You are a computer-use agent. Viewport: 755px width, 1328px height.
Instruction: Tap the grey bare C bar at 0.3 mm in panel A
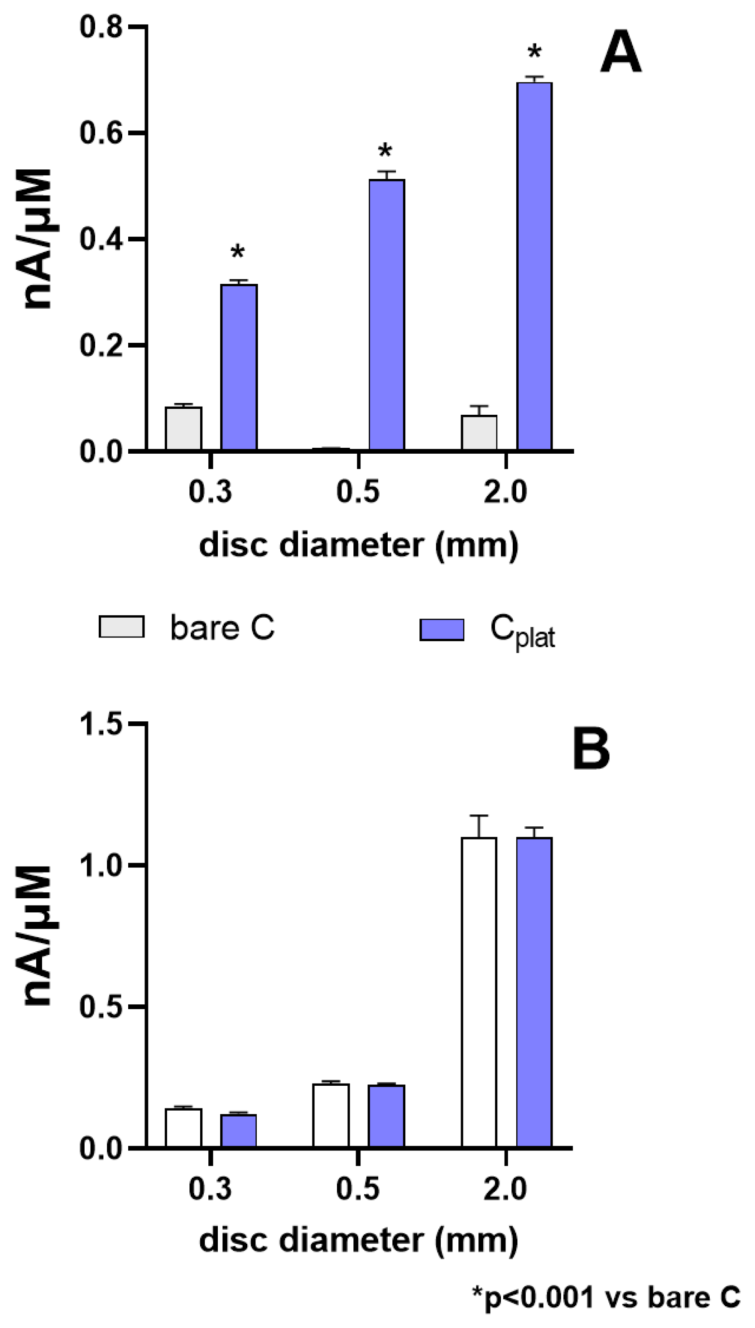pyautogui.click(x=183, y=429)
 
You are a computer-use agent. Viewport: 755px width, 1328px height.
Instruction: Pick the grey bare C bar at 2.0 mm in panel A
pyautogui.click(x=479, y=432)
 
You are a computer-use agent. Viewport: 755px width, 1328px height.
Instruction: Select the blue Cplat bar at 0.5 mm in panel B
pyautogui.click(x=386, y=1117)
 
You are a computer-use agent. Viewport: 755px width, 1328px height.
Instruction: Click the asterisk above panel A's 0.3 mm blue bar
pyautogui.click(x=237, y=253)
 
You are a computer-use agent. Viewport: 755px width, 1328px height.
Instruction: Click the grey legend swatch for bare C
pyautogui.click(x=121, y=627)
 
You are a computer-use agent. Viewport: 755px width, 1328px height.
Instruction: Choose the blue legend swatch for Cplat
pyautogui.click(x=442, y=629)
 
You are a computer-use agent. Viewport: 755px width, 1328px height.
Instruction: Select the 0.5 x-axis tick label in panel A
pyautogui.click(x=358, y=491)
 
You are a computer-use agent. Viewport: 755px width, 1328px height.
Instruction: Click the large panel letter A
pyautogui.click(x=620, y=53)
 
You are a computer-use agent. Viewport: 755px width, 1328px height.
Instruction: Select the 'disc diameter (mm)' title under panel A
pyautogui.click(x=358, y=546)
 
